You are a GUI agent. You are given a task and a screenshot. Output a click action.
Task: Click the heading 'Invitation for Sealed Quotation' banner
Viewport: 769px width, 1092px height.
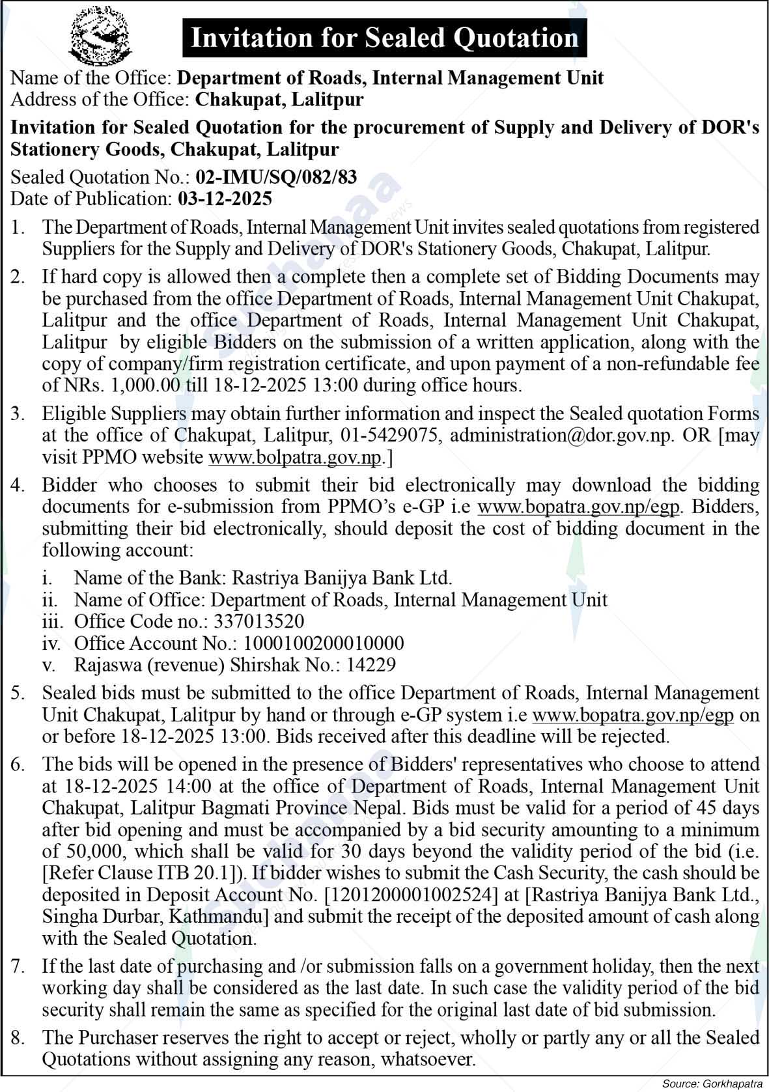point(384,38)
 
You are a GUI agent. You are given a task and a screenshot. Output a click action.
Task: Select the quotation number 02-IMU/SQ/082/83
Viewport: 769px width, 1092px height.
point(276,177)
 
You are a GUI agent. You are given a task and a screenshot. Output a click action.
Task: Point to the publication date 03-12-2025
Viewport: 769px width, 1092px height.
point(225,199)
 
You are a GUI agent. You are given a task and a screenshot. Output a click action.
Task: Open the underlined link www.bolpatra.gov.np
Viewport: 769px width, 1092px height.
point(295,457)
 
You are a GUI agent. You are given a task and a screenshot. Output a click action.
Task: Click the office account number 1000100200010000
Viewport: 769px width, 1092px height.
point(324,643)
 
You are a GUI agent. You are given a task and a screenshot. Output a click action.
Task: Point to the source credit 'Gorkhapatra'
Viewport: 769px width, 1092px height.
point(732,1084)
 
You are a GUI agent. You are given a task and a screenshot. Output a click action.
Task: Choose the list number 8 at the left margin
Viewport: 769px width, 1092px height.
point(18,1038)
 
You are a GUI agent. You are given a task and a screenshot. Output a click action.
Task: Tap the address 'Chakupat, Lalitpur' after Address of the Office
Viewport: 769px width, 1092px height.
point(279,100)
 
